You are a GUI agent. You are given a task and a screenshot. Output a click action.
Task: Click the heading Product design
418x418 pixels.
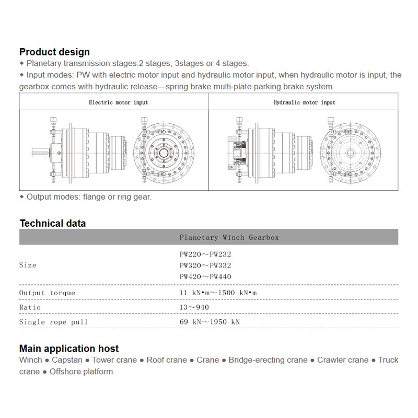pos(54,52)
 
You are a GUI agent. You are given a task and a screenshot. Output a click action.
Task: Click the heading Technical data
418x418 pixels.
pos(52,223)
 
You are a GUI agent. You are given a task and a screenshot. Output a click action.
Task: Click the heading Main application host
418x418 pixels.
pos(69,349)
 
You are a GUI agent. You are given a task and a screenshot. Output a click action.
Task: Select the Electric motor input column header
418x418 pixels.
pos(118,102)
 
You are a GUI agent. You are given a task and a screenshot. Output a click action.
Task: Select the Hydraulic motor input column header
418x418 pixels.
pos(304,102)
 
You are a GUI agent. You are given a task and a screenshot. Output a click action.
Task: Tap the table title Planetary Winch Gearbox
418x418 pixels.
pos(229,237)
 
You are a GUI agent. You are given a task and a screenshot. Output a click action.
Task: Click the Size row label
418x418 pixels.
pos(28,265)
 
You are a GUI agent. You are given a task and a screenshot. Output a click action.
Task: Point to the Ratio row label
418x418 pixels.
pos(30,307)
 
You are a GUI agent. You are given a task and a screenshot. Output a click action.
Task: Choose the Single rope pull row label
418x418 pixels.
pos(54,322)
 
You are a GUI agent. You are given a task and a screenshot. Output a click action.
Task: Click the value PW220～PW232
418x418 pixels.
pos(205,254)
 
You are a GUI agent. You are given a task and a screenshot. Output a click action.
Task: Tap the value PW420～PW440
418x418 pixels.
pos(205,276)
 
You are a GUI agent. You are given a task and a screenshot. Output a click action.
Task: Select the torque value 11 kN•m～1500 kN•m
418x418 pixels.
pos(218,293)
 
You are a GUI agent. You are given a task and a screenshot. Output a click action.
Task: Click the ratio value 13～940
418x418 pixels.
pos(194,307)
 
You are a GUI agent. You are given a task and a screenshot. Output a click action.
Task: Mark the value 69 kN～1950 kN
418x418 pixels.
pos(210,322)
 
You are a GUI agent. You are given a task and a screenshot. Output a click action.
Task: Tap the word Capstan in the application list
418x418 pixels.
pos(67,360)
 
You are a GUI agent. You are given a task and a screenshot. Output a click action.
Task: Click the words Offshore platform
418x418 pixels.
pos(82,372)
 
